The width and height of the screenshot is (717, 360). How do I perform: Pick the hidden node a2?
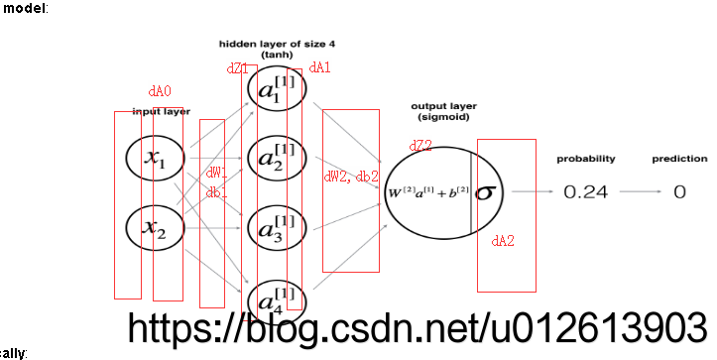[277, 159]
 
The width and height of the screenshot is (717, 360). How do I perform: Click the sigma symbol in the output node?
[484, 191]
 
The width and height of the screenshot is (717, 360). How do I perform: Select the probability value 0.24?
[585, 192]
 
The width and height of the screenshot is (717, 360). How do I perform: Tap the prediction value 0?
[679, 192]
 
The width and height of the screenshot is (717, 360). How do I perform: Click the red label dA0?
[160, 91]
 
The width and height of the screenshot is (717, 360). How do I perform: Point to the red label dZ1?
[238, 68]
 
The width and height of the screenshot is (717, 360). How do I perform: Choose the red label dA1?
[319, 67]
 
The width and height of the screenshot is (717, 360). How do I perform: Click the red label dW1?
[216, 173]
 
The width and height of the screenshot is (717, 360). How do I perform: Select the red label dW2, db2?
[351, 177]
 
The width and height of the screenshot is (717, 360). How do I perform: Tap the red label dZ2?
[420, 146]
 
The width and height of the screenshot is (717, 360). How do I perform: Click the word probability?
[585, 159]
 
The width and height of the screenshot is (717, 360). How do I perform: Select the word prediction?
[679, 159]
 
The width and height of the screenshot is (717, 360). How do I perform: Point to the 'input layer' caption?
[161, 111]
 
